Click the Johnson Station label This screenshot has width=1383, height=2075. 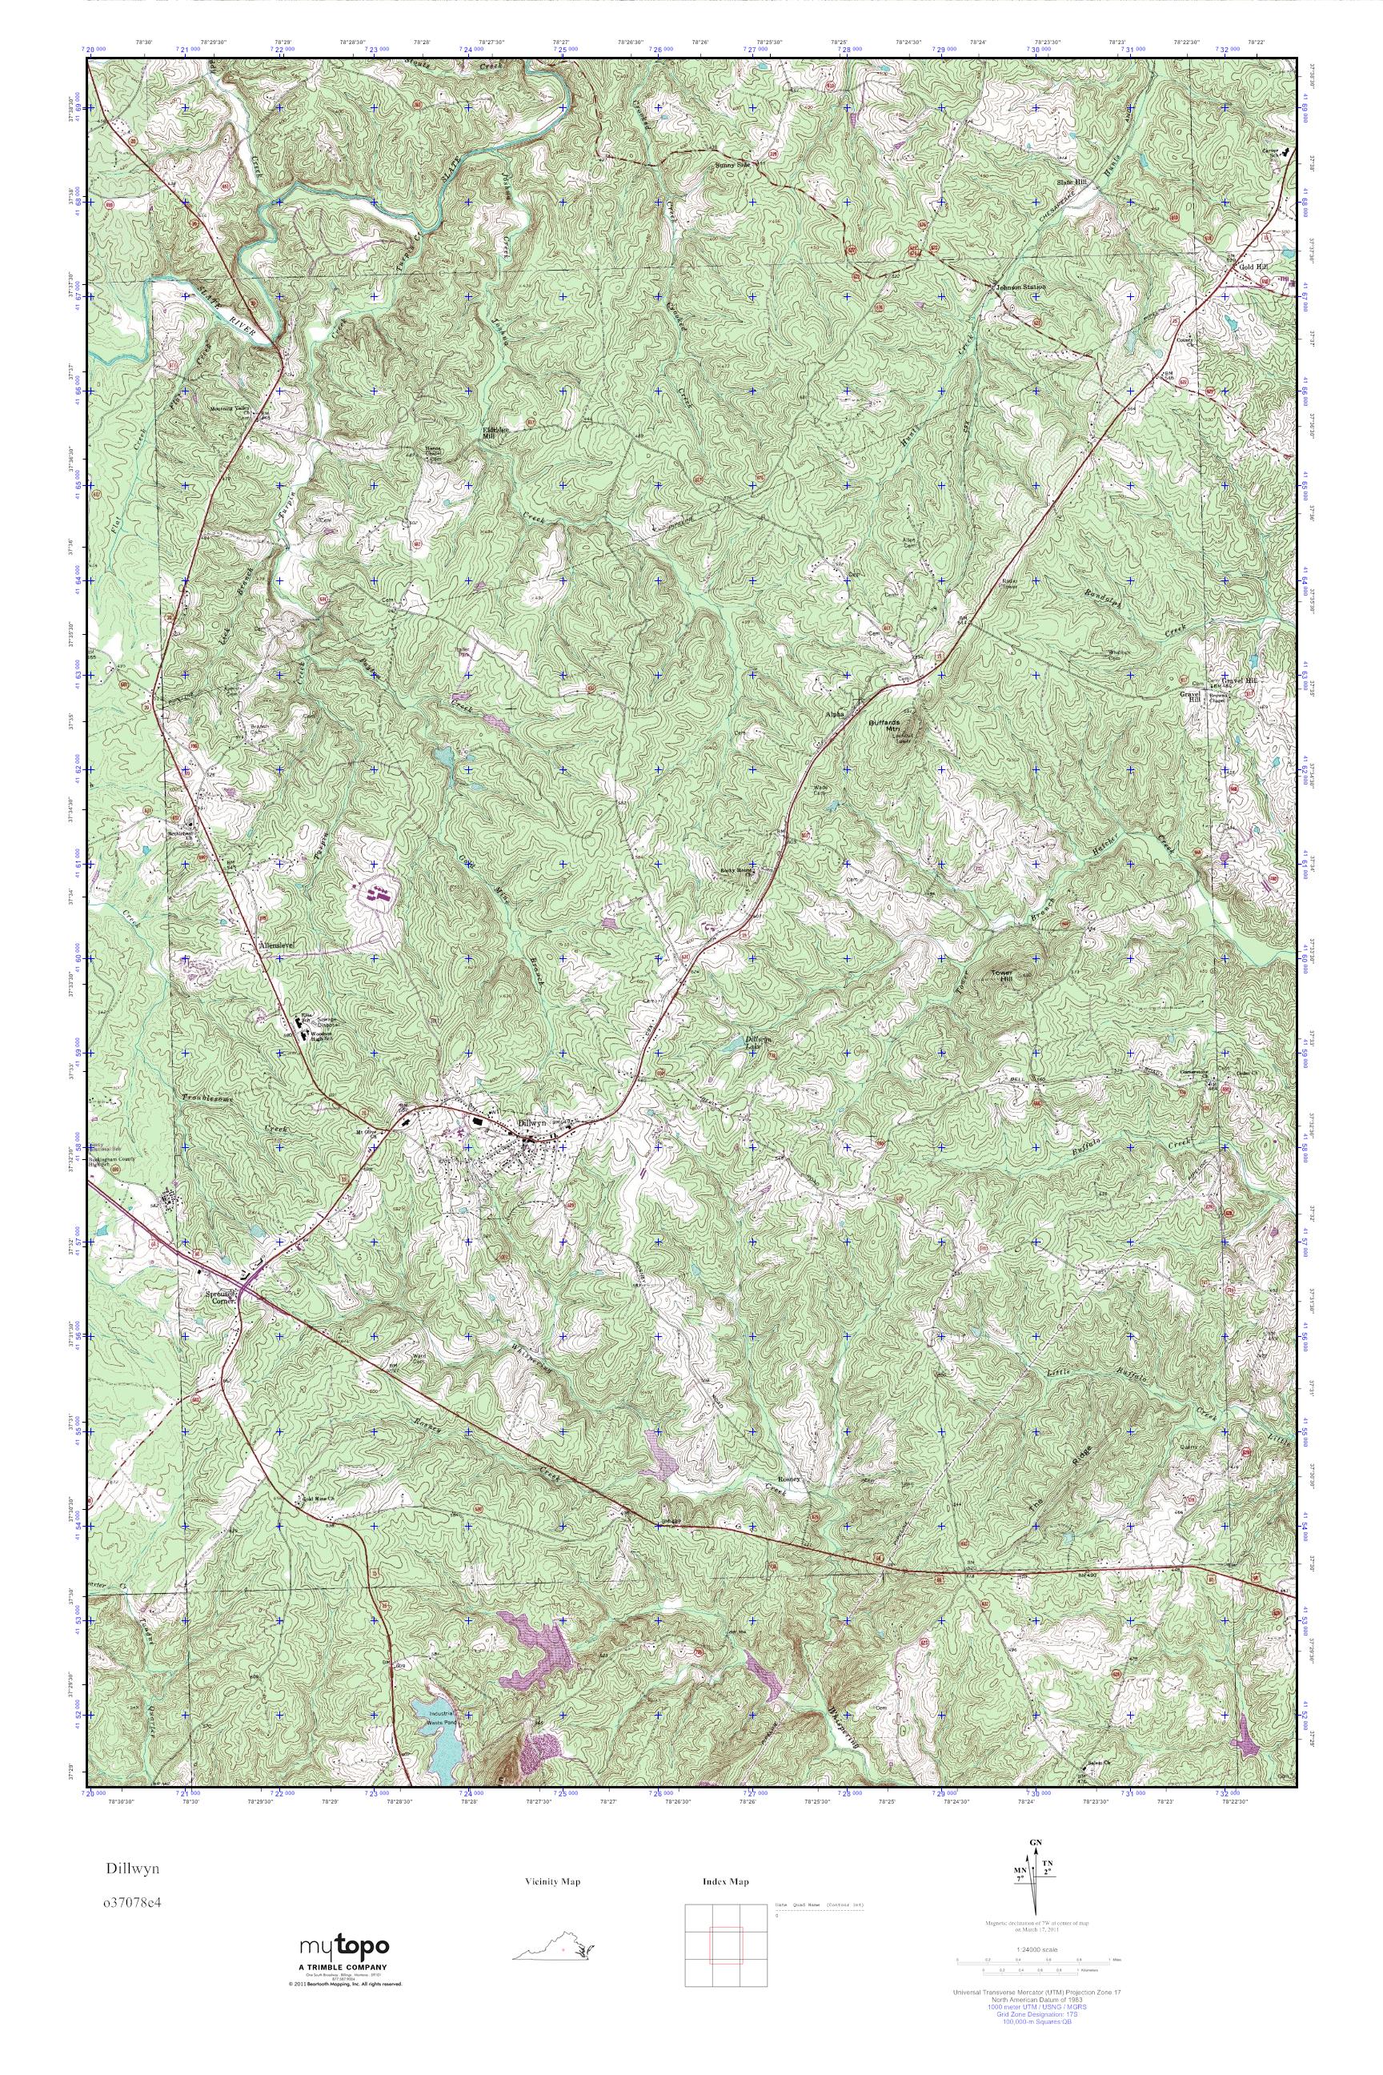tap(1020, 287)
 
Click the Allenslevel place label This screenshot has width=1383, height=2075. tap(275, 945)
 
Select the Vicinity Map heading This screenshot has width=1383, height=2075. tap(553, 1882)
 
